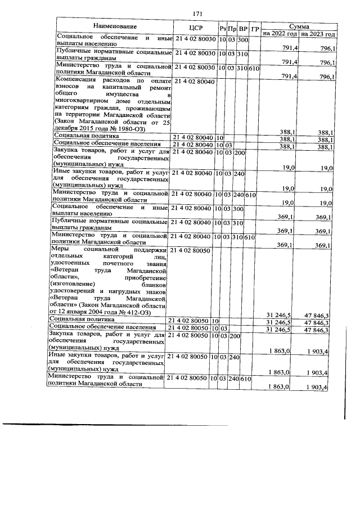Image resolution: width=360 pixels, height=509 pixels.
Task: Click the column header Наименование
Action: [115, 27]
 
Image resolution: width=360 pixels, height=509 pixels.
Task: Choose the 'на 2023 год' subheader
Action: [318, 34]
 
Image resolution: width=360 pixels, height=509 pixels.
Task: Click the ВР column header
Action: [243, 29]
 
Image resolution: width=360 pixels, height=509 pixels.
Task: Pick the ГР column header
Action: [255, 29]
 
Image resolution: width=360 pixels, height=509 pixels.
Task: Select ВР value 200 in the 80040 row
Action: [238, 152]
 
